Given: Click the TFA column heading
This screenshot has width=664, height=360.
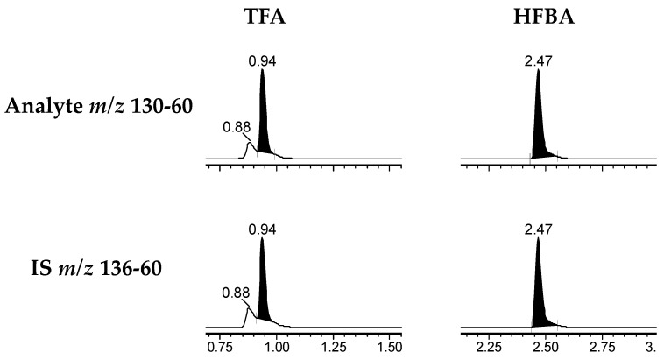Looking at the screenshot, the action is click(265, 18).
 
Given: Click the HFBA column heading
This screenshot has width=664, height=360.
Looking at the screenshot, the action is click(544, 18).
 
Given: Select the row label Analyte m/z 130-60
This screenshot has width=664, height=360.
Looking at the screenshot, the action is click(99, 106).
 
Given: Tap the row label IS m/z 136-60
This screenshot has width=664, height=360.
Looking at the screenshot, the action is click(96, 268).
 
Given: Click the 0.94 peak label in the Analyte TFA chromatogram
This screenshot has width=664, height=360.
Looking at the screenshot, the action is click(262, 61).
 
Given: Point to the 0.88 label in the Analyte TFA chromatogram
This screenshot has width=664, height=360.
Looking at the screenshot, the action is click(237, 127).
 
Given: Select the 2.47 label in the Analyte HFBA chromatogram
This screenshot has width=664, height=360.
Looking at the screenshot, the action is click(538, 61).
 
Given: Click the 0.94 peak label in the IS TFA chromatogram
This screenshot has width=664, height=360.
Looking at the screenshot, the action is click(262, 229).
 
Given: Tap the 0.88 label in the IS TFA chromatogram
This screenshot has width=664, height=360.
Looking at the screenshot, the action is click(236, 293).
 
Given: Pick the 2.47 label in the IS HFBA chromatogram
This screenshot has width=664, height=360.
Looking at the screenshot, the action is click(538, 229).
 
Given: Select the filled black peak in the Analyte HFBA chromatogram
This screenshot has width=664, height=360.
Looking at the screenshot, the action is click(539, 127).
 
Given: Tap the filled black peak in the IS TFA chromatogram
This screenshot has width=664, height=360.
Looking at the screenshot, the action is click(263, 293).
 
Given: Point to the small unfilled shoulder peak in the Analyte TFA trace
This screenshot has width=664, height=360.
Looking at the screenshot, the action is click(250, 151).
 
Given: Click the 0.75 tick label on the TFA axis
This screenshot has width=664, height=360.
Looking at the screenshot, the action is click(220, 348).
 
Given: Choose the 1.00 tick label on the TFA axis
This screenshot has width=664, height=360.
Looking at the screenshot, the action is click(277, 348).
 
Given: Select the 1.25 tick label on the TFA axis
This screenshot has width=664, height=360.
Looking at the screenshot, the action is click(334, 348).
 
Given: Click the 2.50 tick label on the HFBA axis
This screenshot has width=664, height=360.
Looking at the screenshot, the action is click(546, 348).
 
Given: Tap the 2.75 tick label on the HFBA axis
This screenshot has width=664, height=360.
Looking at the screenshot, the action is click(602, 348).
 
